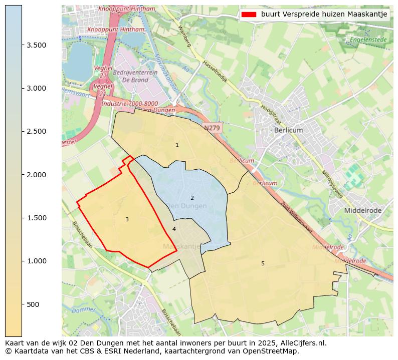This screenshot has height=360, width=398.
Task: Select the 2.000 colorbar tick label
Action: (37, 175)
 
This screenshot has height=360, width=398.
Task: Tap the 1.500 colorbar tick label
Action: (37, 218)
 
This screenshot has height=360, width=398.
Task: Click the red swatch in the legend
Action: (249, 15)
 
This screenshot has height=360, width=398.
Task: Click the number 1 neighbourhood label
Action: (177, 145)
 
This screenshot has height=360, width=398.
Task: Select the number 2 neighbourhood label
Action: (192, 198)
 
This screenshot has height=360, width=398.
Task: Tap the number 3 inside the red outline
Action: (127, 219)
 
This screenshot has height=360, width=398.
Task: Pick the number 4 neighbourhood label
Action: (174, 229)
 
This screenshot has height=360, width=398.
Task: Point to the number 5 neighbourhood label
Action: (263, 263)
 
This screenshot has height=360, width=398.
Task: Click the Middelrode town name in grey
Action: (362, 211)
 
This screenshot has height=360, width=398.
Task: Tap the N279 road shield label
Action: (212, 128)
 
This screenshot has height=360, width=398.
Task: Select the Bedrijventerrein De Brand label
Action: (135, 76)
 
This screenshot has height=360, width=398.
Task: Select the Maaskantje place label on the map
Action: (181, 247)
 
